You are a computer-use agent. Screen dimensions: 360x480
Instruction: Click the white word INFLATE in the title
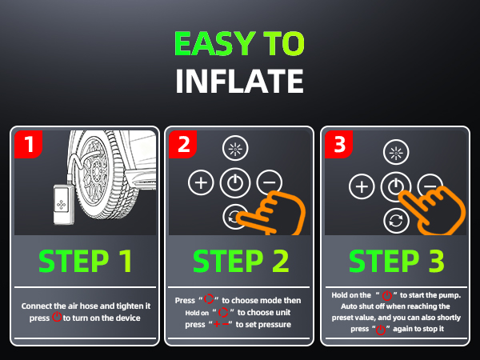click(239, 81)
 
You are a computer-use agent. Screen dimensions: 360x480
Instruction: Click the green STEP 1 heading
click(85, 261)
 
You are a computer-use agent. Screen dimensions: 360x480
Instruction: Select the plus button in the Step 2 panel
click(200, 183)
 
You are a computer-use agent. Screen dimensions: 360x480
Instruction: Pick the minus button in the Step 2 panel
click(268, 183)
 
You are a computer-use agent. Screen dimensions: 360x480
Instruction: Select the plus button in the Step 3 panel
click(362, 187)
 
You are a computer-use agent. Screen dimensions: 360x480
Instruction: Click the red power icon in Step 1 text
click(57, 318)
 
